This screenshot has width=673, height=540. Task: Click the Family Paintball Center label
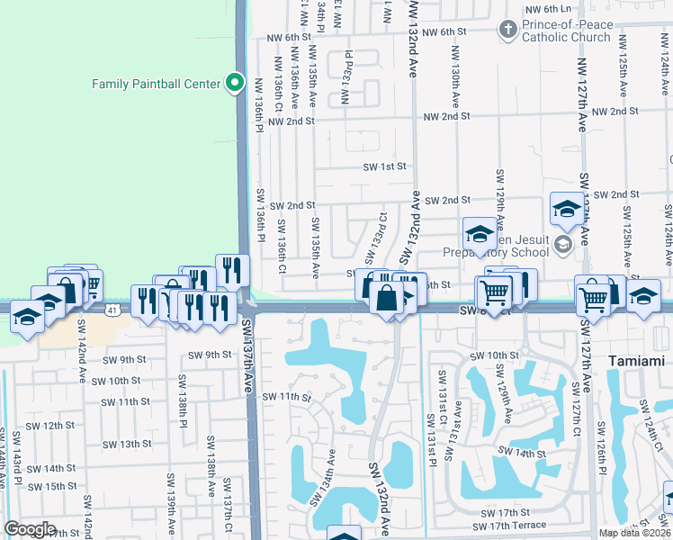pos(157,84)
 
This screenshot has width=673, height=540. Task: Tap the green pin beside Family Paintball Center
pos(235,84)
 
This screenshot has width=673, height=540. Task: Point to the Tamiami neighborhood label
pos(637,358)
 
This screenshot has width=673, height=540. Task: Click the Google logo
pos(29,529)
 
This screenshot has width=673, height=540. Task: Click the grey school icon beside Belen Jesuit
pos(563,244)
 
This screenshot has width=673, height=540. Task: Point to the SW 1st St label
pos(385,166)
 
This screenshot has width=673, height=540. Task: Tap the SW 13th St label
pos(127,444)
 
